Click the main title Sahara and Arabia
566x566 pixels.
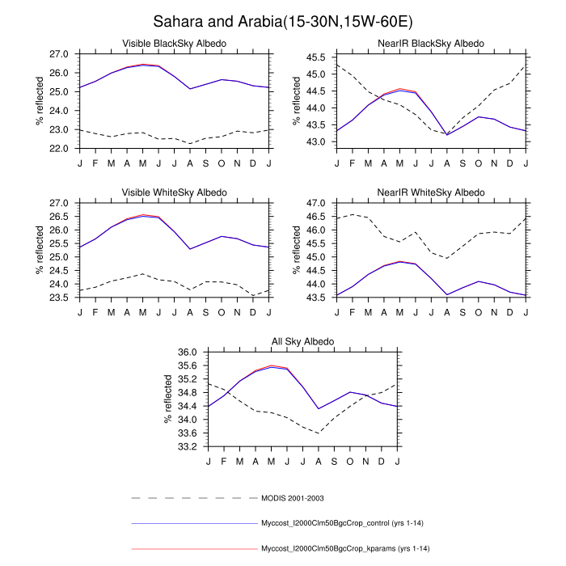(282, 20)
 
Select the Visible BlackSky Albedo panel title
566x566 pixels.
(174, 43)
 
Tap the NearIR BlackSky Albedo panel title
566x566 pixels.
(431, 43)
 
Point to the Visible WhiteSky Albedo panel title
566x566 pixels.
(174, 192)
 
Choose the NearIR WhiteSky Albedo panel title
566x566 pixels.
(431, 192)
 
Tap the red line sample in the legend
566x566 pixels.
(194, 549)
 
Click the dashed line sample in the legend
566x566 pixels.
(194, 497)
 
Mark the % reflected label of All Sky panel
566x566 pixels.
(167, 399)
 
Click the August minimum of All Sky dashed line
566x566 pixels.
(319, 433)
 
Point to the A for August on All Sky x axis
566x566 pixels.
(319, 461)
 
